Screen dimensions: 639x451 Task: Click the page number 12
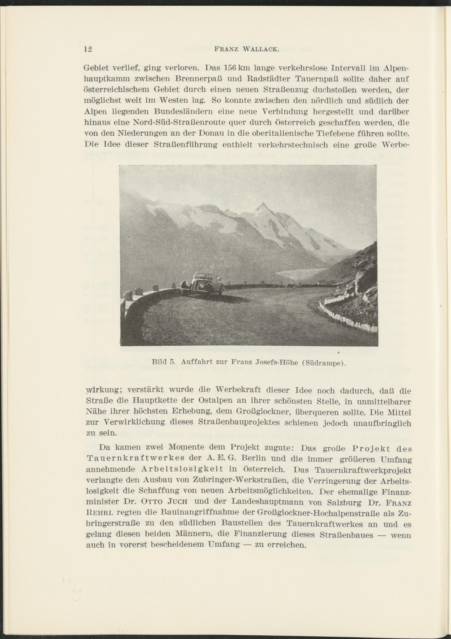(x=88, y=49)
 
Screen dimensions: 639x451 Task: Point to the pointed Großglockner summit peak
(x=261, y=206)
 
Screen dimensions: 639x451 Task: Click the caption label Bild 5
(x=163, y=362)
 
